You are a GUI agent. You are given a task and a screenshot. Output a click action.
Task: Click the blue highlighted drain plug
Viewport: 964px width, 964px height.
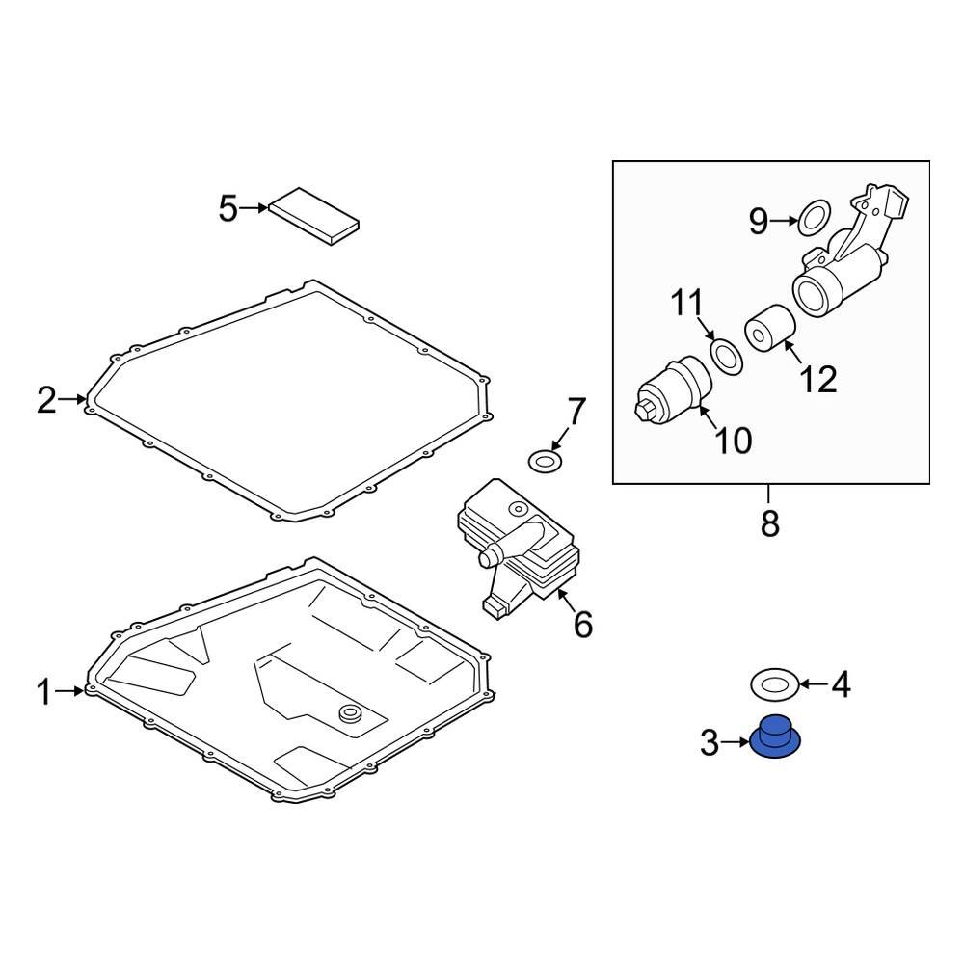pos(776,738)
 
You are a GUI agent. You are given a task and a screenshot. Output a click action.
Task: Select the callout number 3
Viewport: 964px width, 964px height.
pos(709,742)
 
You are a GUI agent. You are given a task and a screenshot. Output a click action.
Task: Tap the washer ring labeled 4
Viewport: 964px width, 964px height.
pos(774,685)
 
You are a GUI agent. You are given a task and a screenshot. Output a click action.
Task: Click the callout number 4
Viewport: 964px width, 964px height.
pos(841,685)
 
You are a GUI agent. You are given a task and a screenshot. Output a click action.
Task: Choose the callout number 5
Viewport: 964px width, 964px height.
pos(228,208)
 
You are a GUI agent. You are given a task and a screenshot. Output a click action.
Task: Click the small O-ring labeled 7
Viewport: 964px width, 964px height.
pos(546,461)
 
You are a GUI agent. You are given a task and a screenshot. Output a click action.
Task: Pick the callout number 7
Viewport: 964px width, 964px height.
pos(576,413)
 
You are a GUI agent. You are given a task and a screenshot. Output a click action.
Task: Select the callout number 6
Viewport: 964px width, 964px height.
pos(583,625)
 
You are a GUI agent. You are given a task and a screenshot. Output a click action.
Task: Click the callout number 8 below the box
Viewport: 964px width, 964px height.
pos(768,523)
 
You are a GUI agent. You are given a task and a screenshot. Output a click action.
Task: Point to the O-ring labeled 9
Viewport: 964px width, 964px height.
pos(815,217)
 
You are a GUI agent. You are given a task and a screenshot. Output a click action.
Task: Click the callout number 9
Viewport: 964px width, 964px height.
pos(759,222)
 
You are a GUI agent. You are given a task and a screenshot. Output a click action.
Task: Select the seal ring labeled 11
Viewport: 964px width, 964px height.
pos(726,356)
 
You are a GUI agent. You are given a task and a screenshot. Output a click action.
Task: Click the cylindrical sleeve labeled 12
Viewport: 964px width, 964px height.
pos(769,329)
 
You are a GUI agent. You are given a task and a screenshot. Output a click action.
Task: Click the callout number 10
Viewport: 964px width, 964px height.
pos(733,441)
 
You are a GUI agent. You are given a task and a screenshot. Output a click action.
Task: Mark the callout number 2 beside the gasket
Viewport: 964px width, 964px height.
pos(46,399)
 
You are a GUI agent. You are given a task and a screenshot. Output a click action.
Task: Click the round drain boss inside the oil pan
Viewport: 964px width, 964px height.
pos(349,714)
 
